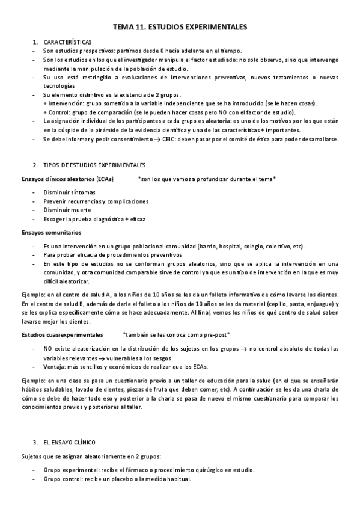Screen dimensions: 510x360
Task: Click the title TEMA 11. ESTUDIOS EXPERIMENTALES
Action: (180, 27)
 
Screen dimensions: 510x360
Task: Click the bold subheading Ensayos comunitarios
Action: (51, 232)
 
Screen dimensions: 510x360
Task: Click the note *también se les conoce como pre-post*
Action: (176, 334)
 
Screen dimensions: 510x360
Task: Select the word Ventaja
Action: (54, 367)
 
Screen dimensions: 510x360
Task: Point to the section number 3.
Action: (35, 442)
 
